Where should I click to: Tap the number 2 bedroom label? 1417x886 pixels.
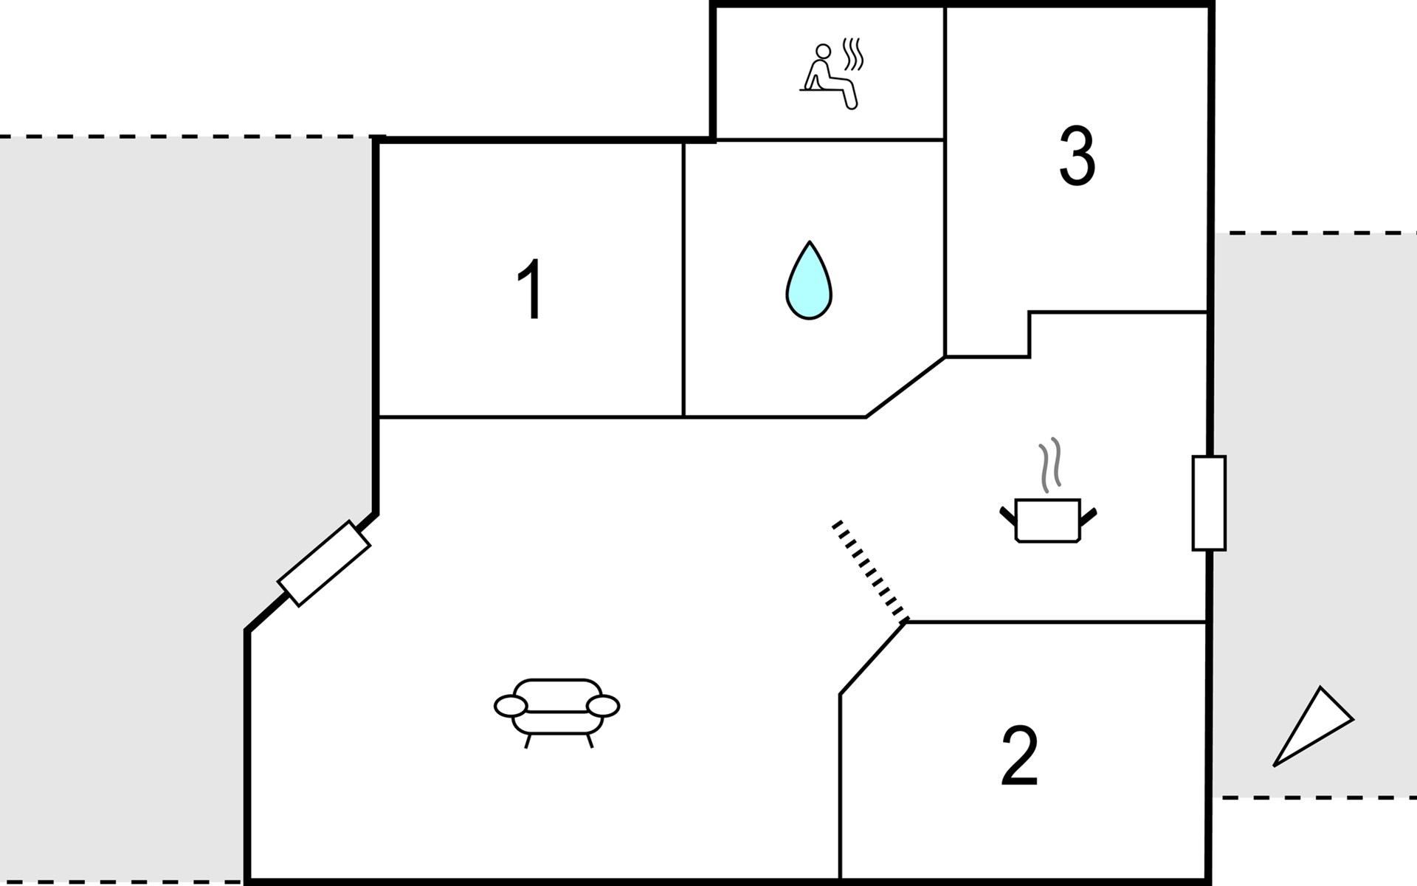[1019, 756]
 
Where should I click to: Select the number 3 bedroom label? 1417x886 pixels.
[1077, 156]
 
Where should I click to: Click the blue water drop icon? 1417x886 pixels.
[809, 281]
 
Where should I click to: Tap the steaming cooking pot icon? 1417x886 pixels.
[1048, 518]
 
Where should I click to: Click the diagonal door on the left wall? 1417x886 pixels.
[324, 563]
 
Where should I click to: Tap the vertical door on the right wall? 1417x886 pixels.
[1209, 503]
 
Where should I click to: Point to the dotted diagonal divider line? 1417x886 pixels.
[871, 570]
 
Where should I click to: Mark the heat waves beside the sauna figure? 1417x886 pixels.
[854, 54]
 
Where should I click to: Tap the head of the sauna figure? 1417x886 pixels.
[823, 51]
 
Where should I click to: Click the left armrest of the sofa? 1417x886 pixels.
[510, 706]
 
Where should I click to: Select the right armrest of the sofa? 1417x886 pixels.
[603, 706]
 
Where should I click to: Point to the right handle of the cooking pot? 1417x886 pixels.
[1088, 515]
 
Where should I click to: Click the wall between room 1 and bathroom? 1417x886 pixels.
[684, 281]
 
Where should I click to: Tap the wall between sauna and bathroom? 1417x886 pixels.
[830, 140]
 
